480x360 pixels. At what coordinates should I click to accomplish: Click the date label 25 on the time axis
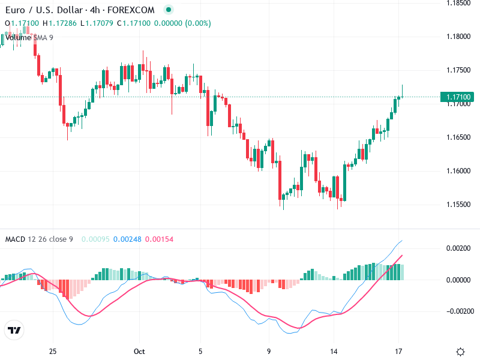click(x=53, y=352)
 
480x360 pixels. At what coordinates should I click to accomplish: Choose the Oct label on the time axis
click(x=140, y=352)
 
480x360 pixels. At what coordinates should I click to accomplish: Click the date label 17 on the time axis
click(x=399, y=352)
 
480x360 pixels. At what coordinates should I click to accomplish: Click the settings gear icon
click(x=460, y=352)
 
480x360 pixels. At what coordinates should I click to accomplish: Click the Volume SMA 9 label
click(x=29, y=37)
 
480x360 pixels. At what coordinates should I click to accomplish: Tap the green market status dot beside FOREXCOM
click(x=169, y=10)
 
